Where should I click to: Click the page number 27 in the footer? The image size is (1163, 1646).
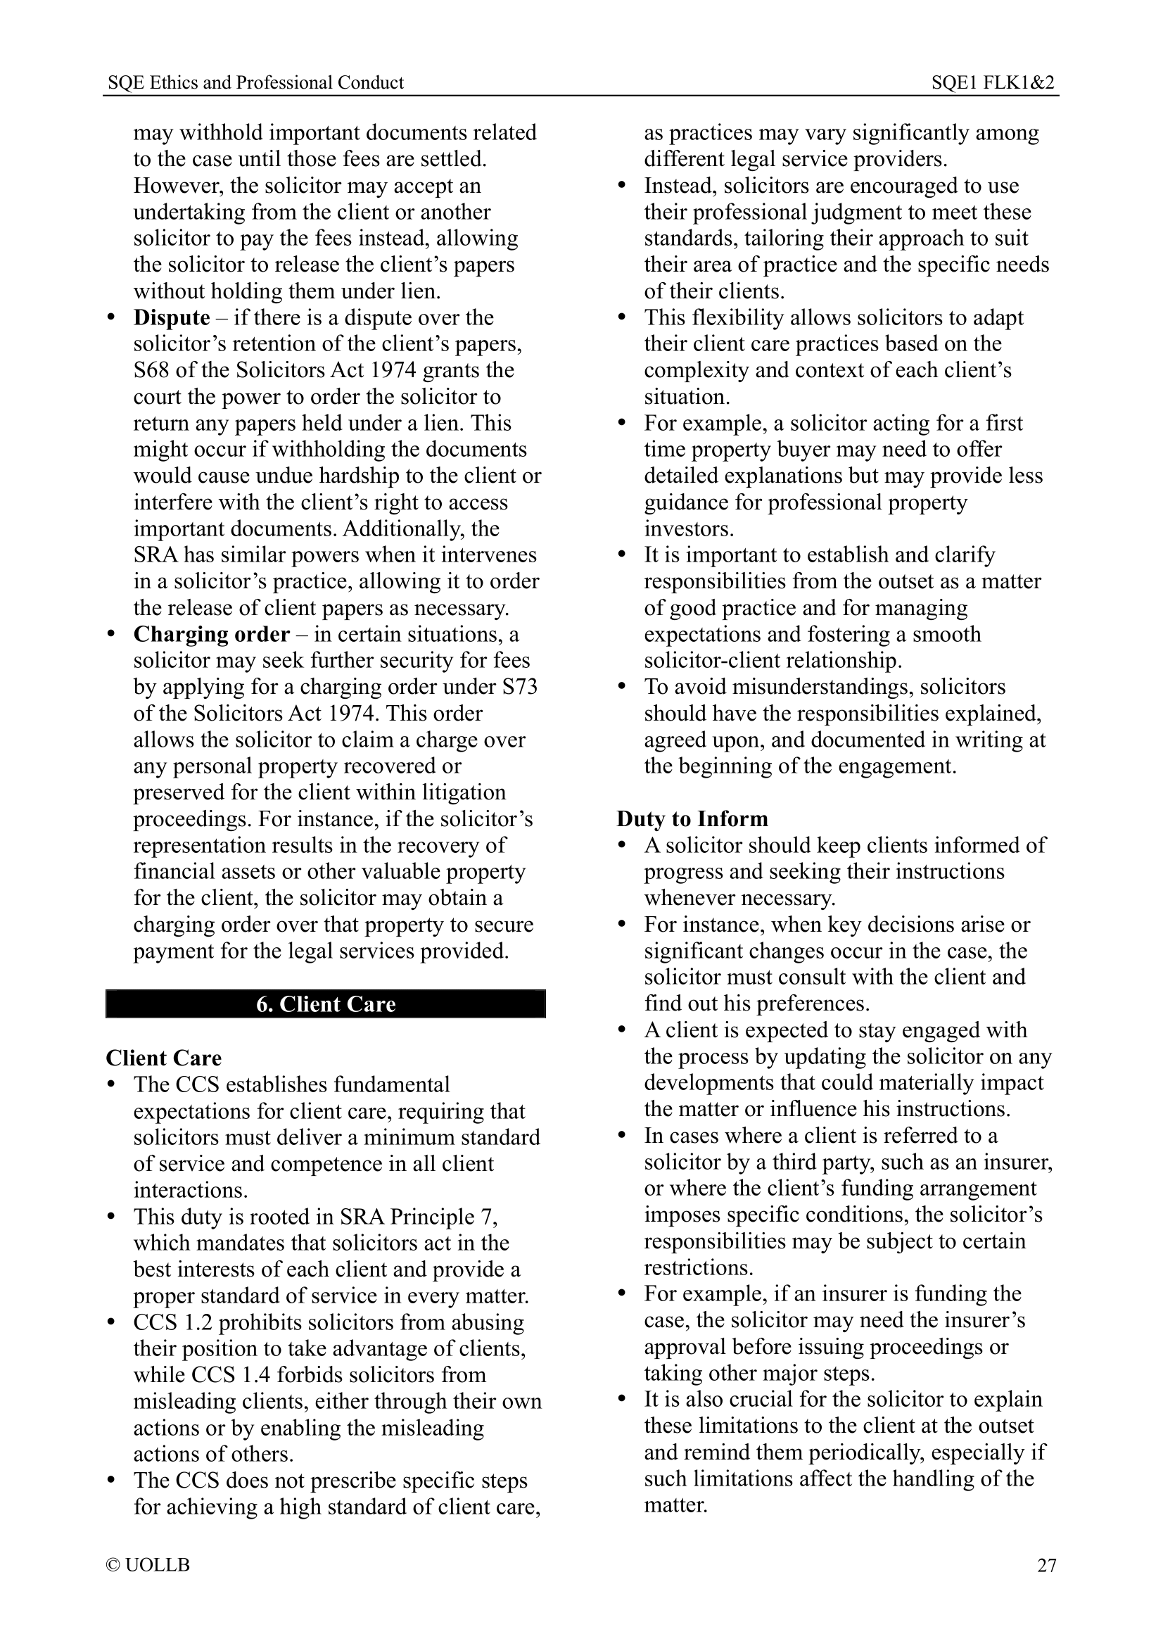1046,1564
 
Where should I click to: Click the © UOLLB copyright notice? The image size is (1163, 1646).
148,1564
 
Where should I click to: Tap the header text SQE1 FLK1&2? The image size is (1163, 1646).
993,82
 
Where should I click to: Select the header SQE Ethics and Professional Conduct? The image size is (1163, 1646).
256,82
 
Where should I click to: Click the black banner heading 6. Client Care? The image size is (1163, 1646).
325,1004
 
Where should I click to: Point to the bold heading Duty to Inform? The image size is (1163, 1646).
692,818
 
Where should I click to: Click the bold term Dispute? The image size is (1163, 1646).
171,317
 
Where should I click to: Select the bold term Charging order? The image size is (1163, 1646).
211,635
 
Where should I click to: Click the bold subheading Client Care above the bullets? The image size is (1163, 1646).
163,1058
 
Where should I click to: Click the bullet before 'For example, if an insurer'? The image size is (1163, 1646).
623,1295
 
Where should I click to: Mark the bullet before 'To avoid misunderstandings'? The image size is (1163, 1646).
623,688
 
